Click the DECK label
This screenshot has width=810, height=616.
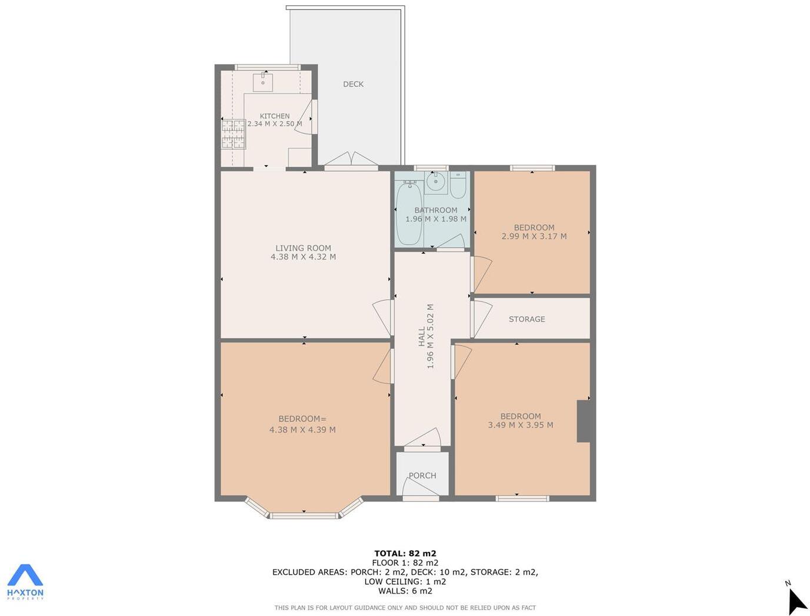coord(353,84)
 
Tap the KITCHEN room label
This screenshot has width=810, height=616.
coord(275,116)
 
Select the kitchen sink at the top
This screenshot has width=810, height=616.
coord(263,82)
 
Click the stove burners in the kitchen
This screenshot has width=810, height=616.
coord(234,134)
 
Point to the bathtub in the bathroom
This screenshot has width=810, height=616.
coord(408,213)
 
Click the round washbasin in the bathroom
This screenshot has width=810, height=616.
coord(435,182)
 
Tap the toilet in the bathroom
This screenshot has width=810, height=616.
coord(458,185)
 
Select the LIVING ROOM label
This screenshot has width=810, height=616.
coord(303,248)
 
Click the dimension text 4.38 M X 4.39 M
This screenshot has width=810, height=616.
coord(302,430)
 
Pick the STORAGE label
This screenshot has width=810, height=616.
coord(526,319)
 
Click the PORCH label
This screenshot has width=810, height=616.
coord(422,476)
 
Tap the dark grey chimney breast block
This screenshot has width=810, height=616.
coord(584,421)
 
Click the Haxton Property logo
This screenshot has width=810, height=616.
coord(25,581)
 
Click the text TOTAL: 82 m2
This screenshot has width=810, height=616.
coord(405,553)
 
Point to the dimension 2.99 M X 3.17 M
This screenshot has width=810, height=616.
coord(534,236)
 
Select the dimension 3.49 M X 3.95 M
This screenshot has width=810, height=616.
coord(520,425)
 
